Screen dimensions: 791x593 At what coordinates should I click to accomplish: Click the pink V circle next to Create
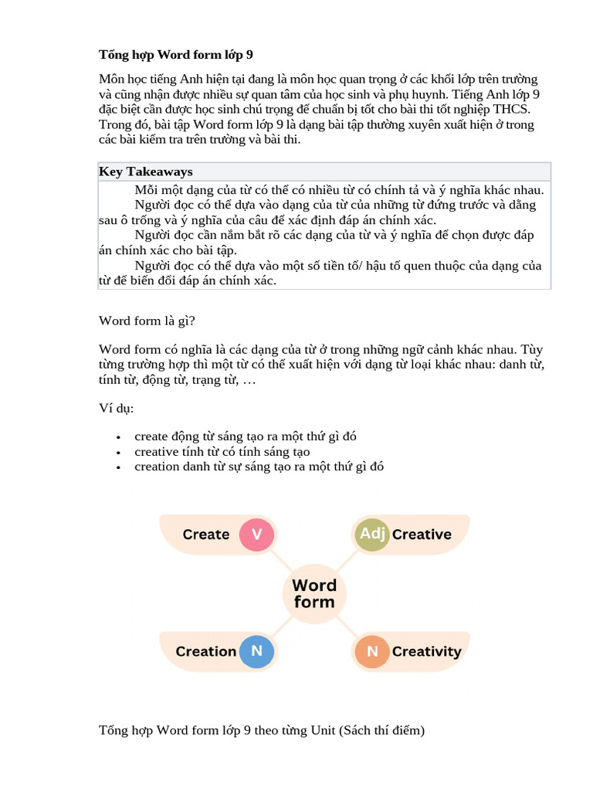pos(257,535)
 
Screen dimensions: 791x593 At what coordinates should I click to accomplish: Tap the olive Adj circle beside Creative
pos(371,535)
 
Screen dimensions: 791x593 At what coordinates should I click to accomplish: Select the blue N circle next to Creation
pos(257,651)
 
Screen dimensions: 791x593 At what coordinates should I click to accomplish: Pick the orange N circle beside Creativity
pos(372,652)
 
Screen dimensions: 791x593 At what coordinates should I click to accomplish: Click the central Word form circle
pos(314,593)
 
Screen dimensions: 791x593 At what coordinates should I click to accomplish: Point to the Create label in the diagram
pos(205,535)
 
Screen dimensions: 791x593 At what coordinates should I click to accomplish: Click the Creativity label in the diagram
pos(426,652)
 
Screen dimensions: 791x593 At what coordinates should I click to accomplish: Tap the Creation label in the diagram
pos(205,651)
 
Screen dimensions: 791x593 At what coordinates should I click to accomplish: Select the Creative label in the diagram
pos(422,535)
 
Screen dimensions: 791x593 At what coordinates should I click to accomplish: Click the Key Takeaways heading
pos(146,171)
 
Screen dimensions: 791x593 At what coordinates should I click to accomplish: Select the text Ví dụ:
pos(116,407)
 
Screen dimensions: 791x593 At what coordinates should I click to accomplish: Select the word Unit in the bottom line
pos(324,730)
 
